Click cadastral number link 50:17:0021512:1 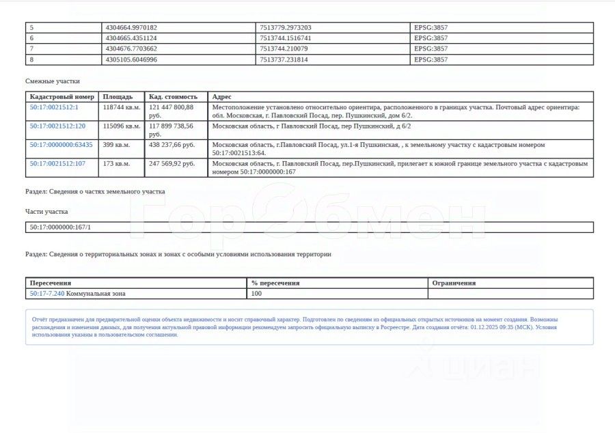tap(54, 107)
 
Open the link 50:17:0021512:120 tap(57, 126)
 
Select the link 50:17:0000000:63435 tap(61, 145)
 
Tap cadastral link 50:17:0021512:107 tap(57, 164)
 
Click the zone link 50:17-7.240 tap(47, 294)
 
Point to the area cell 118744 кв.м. tap(121, 107)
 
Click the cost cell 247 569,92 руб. tap(172, 164)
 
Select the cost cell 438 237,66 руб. tap(172, 145)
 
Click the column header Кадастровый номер tap(62, 97)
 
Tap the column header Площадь tap(118, 97)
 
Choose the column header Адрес tap(222, 97)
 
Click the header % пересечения tap(275, 283)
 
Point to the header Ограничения tap(454, 283)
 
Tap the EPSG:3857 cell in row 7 tap(430, 49)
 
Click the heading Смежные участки tap(53, 81)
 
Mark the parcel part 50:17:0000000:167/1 tap(60, 227)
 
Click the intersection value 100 tap(257, 294)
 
